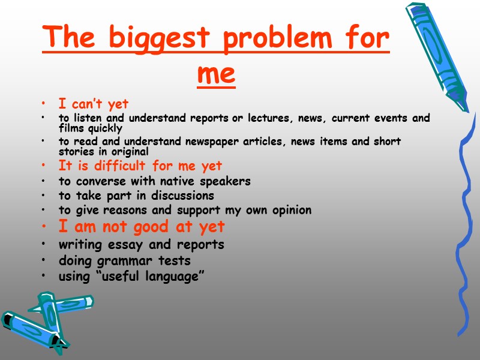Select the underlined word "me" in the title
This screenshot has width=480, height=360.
click(216, 74)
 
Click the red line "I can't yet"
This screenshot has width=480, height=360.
click(94, 104)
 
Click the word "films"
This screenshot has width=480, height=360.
click(73, 128)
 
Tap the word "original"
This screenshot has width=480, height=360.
click(130, 152)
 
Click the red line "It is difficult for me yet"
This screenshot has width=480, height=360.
click(140, 166)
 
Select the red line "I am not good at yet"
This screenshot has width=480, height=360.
click(142, 226)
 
